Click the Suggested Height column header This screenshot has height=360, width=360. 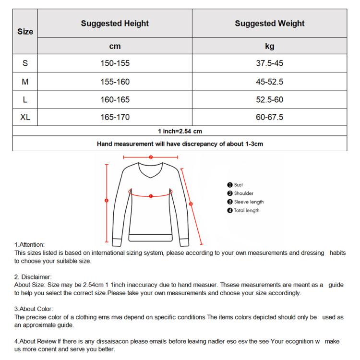point(115,24)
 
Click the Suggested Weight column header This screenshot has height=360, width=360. point(269,24)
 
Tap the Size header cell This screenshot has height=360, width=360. point(25,32)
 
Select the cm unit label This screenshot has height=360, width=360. point(115,47)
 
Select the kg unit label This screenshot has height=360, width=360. point(269,47)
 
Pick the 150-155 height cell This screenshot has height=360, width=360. point(115,63)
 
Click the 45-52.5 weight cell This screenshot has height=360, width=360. point(269,82)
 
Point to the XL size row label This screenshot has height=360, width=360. point(25,117)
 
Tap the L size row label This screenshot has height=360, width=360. point(25,100)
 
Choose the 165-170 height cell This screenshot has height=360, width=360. point(115,117)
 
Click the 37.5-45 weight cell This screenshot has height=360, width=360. point(269,63)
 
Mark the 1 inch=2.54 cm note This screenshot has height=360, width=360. point(180,131)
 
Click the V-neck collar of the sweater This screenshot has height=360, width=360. point(151,173)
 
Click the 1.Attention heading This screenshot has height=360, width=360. point(29,245)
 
